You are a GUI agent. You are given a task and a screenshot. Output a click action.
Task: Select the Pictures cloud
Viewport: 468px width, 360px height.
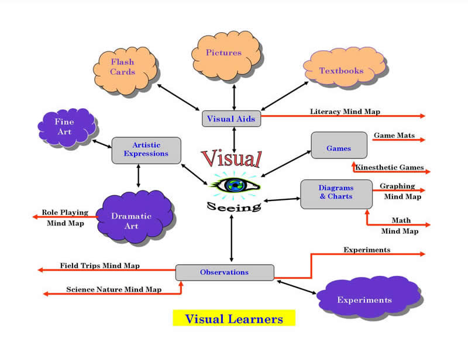click(225, 54)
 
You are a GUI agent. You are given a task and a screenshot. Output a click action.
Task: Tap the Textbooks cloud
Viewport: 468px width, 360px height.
click(343, 71)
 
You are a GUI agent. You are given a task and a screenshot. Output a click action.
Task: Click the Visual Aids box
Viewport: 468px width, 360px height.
click(231, 119)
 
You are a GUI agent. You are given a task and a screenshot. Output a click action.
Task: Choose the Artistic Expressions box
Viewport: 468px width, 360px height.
click(146, 150)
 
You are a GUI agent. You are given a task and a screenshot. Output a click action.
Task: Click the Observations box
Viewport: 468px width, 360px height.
click(224, 272)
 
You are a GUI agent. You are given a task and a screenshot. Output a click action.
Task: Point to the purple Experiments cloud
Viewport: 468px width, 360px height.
click(363, 300)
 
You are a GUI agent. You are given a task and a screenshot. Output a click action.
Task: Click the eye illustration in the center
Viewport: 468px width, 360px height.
click(234, 186)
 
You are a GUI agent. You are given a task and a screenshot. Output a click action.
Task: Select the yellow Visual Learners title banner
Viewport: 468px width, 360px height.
click(234, 319)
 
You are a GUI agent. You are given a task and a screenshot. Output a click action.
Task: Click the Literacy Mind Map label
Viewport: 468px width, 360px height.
click(345, 111)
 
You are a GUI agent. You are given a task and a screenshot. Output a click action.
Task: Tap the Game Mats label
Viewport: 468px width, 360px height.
click(394, 136)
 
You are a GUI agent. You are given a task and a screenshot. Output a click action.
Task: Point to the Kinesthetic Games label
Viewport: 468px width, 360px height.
click(389, 168)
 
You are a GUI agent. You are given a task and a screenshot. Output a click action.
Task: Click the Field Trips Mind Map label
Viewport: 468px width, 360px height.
click(99, 265)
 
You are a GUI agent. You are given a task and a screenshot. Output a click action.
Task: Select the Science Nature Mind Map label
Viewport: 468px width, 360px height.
click(113, 289)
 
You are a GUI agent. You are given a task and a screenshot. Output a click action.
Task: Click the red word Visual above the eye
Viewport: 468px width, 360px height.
click(231, 159)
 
